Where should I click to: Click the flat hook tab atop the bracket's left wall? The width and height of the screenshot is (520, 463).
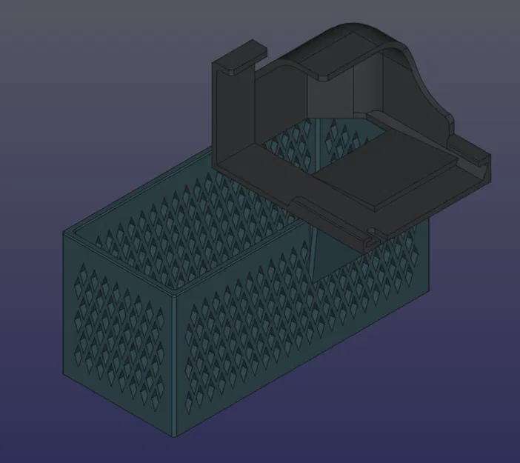(240, 57)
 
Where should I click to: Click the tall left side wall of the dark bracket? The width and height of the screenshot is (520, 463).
(233, 119)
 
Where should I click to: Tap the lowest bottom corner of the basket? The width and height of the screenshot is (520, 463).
(179, 433)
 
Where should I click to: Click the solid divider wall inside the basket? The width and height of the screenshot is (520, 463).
(326, 259)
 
